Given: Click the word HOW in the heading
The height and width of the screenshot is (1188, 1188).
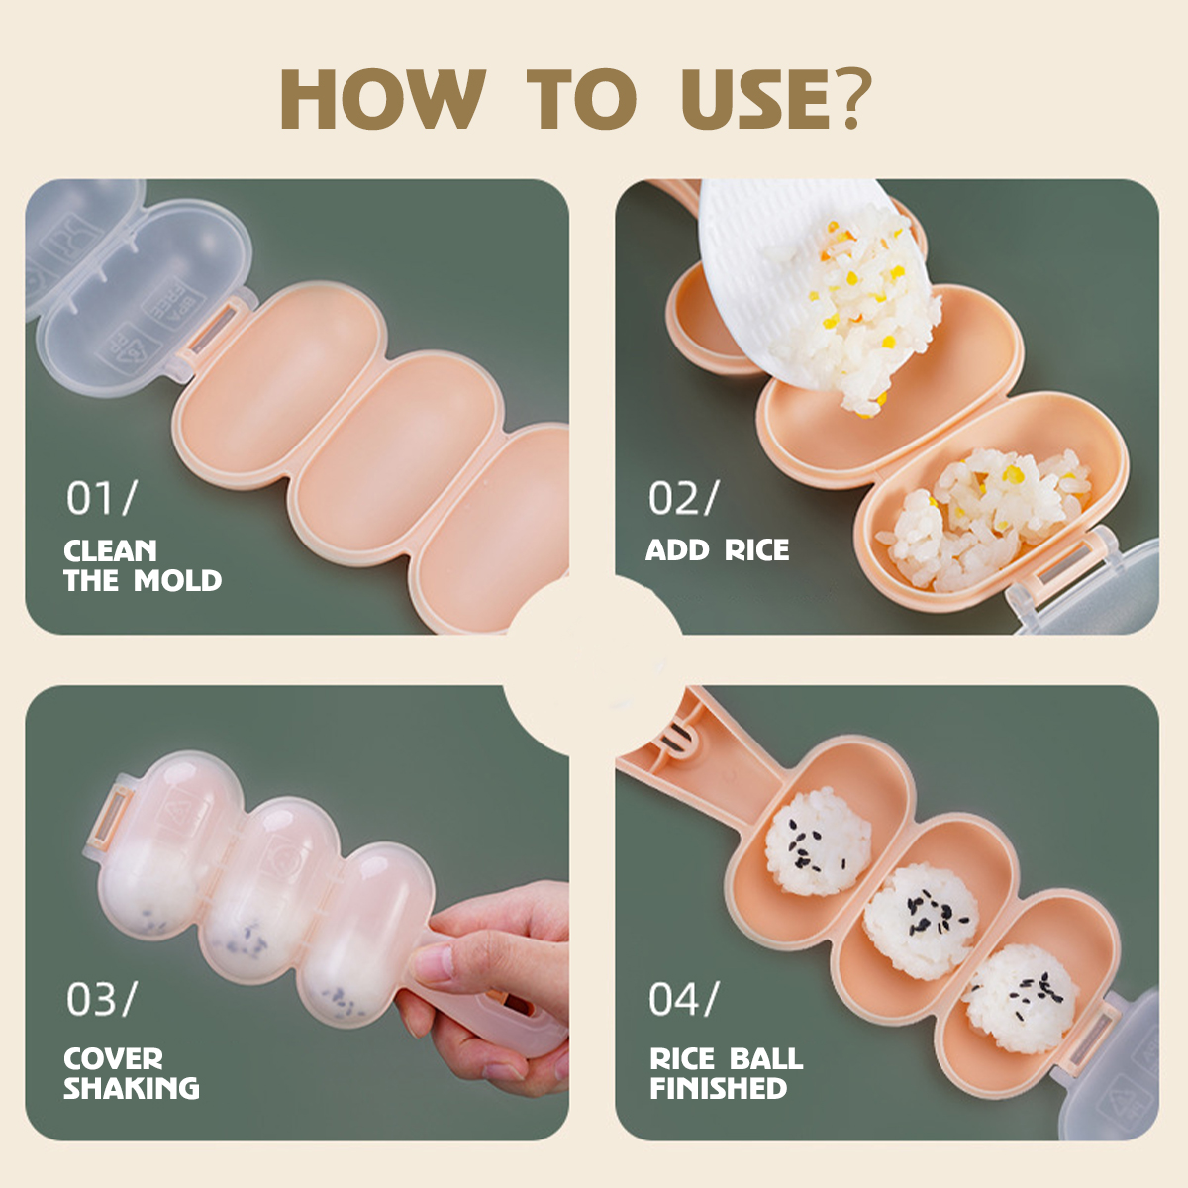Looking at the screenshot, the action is pos(383,99).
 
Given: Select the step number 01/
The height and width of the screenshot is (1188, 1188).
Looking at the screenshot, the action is pos(102,498).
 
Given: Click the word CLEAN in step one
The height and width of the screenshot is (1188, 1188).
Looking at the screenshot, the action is pos(110,550).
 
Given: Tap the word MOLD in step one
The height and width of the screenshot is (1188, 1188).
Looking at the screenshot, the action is pos(177,581).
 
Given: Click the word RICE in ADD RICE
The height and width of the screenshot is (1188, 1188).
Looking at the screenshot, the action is pos(756,549).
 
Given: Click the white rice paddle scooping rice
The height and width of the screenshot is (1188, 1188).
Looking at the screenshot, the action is pos(795,277).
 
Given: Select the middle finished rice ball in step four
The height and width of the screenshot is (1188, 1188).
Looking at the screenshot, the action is pos(921,922).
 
